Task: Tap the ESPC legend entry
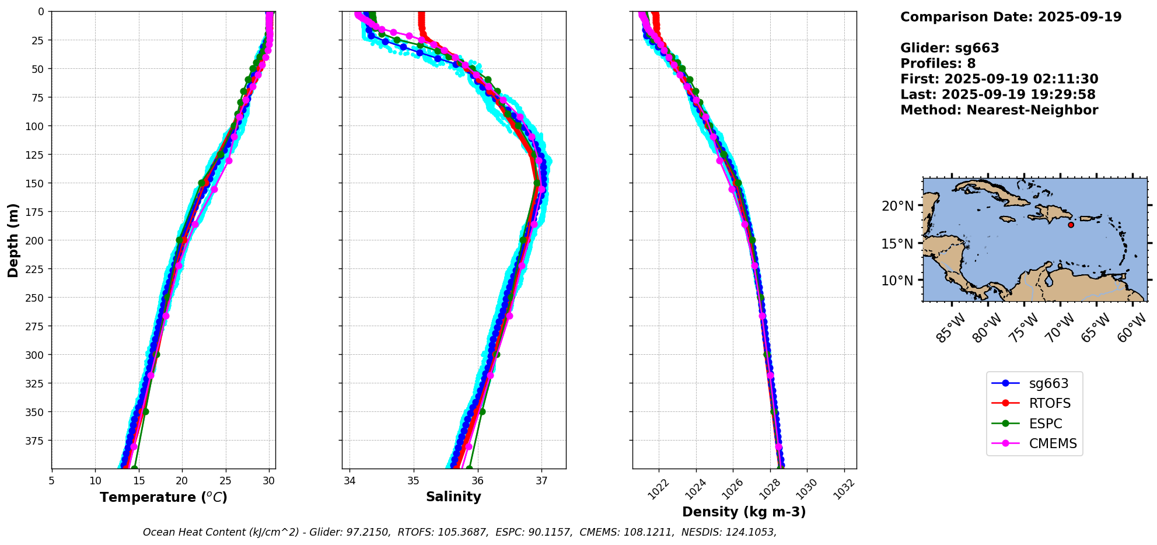click(x=1045, y=424)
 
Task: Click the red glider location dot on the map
click(x=1071, y=225)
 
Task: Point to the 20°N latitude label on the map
click(x=897, y=206)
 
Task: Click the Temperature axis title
click(x=163, y=497)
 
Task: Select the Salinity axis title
click(x=453, y=497)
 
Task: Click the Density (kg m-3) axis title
click(x=744, y=512)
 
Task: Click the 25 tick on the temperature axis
click(x=225, y=481)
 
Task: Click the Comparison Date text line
click(x=1011, y=17)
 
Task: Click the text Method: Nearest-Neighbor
click(x=999, y=110)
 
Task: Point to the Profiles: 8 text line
click(x=938, y=64)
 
